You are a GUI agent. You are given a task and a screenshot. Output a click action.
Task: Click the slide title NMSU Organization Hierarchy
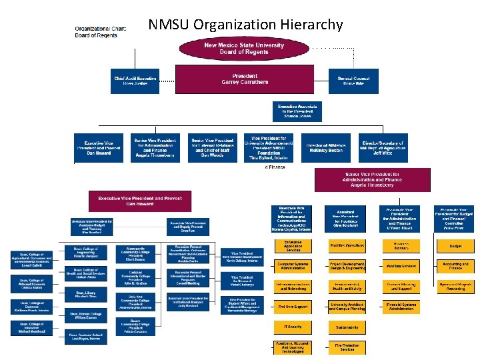click(x=245, y=25)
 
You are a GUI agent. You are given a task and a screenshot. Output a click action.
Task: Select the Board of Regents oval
click(x=245, y=48)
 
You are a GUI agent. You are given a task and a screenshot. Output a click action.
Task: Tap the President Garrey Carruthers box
click(x=245, y=79)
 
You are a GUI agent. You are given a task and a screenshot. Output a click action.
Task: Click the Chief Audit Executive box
click(x=134, y=80)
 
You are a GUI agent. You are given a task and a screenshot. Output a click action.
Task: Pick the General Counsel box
click(x=353, y=80)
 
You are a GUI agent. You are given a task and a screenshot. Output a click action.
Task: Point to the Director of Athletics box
click(x=325, y=148)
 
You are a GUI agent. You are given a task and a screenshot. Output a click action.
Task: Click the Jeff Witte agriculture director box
click(x=382, y=148)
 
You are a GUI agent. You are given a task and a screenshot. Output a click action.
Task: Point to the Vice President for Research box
click(x=241, y=279)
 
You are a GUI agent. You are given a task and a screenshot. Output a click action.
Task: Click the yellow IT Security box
click(x=292, y=327)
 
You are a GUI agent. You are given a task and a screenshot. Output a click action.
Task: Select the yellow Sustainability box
click(x=347, y=327)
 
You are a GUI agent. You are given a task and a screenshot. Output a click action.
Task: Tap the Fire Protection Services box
click(x=347, y=347)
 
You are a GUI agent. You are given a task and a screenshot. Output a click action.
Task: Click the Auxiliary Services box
click(x=401, y=266)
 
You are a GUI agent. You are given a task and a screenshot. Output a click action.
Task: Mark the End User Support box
click(x=292, y=306)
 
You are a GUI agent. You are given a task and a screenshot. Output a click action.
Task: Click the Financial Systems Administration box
click(x=401, y=306)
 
